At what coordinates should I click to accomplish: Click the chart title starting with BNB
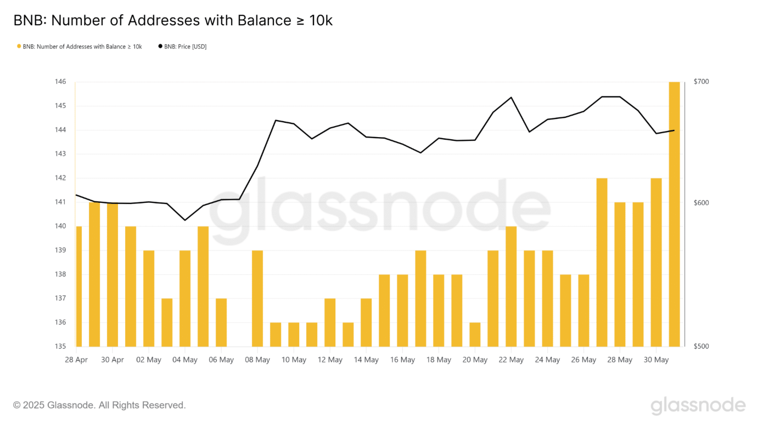[x=173, y=21]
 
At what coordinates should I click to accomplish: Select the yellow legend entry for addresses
[x=80, y=47]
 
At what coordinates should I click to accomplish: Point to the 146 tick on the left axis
[x=60, y=82]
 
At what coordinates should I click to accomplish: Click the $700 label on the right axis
[x=701, y=82]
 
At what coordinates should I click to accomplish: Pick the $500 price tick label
[x=701, y=347]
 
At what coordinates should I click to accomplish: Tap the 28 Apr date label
[x=76, y=360]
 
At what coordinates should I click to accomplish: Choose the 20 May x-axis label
[x=475, y=360]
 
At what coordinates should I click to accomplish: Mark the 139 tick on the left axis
[x=60, y=250]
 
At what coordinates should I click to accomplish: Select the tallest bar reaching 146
[x=674, y=214]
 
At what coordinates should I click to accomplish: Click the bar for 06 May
[x=221, y=322]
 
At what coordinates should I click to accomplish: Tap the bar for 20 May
[x=475, y=334]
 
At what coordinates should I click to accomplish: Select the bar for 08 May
[x=257, y=298]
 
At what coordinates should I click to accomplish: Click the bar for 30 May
[x=656, y=262]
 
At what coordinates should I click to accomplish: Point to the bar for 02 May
[x=149, y=298]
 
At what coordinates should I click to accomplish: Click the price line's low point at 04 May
[x=185, y=220]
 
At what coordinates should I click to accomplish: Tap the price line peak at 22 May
[x=511, y=98]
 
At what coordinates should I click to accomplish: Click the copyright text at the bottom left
[x=99, y=405]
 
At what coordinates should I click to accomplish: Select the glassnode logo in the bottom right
[x=698, y=406]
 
